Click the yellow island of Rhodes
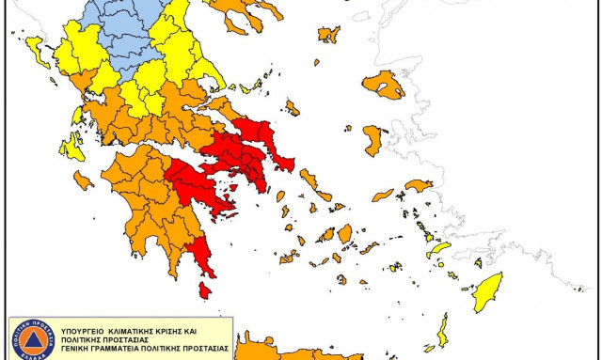[x=488, y=287]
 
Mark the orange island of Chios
[x=372, y=142]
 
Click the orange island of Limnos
[x=328, y=35]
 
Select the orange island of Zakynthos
[x=83, y=179]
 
